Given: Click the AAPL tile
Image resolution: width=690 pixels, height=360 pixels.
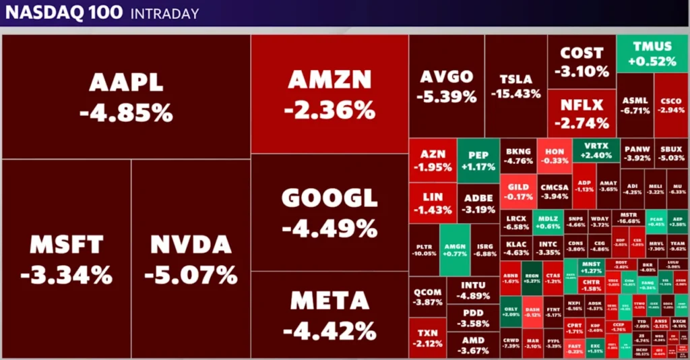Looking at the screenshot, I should [x=126, y=96].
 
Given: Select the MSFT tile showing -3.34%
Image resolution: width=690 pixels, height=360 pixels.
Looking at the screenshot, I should [x=66, y=259].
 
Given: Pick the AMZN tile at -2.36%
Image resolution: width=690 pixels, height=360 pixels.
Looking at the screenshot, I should [x=330, y=94].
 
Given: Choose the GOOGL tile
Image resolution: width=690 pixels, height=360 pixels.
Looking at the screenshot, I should [x=330, y=212].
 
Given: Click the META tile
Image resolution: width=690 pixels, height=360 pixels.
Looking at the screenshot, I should [x=330, y=315].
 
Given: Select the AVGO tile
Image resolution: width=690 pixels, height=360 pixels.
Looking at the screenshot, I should [x=446, y=86].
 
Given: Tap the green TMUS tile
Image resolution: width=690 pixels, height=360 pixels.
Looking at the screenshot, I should [x=653, y=53].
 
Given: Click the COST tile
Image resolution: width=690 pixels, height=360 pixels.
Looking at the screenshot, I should [x=582, y=61].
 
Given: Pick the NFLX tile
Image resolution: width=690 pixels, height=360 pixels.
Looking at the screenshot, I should [x=582, y=113].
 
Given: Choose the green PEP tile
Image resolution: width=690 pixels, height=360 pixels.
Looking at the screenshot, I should [x=478, y=160].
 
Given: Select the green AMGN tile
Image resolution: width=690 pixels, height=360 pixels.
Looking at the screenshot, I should [x=454, y=249].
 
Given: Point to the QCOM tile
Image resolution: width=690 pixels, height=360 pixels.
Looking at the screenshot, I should [x=428, y=297].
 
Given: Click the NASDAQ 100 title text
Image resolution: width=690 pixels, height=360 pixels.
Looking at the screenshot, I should [x=64, y=13].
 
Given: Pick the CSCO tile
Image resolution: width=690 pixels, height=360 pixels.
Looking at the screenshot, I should [x=670, y=104].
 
